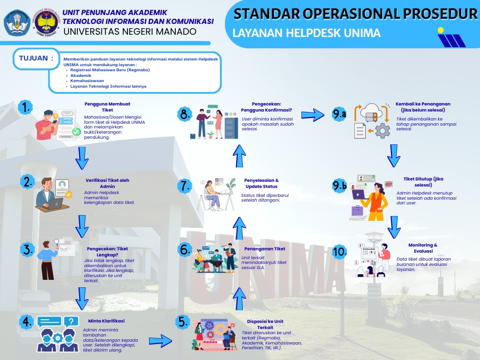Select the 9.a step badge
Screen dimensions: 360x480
tap(339, 114)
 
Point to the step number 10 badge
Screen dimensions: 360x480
tap(340, 251)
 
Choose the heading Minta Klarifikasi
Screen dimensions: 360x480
tap(106, 321)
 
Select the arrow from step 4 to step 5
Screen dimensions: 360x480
tap(159, 338)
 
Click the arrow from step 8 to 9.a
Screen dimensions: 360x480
tap(313, 114)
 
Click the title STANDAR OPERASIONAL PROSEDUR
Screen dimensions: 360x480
tap(355, 15)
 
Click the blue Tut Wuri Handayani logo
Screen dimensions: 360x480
tap(17, 22)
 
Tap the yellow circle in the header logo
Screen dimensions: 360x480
tap(441, 31)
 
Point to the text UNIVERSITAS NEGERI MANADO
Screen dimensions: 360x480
tap(130, 32)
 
